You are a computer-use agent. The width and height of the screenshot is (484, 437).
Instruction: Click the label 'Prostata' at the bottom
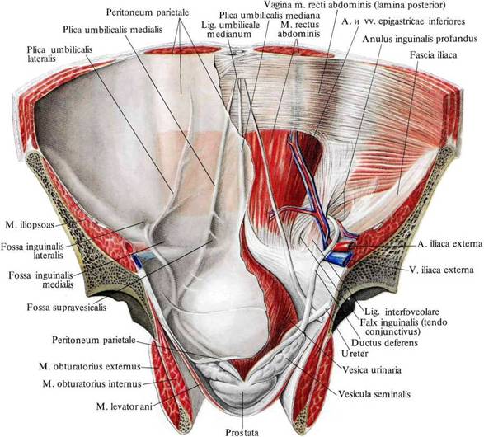(242, 432)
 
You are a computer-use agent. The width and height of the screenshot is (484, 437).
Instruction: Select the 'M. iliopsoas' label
(30, 225)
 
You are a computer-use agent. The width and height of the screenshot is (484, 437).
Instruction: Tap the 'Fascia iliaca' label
(433, 54)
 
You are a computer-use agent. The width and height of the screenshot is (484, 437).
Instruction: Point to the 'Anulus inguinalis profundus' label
(420, 40)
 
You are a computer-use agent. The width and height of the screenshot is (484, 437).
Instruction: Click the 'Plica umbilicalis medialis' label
(113, 30)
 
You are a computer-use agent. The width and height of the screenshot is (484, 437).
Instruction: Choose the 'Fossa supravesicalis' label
(66, 308)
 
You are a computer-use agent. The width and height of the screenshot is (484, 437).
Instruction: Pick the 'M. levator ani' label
(124, 406)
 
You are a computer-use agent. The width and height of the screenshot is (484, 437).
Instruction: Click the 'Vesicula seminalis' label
(374, 394)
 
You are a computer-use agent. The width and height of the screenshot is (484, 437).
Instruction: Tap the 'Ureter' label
(355, 354)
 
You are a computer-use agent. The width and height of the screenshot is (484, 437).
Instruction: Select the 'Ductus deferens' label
(384, 342)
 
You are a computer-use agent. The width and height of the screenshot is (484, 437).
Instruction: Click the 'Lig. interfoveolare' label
(402, 312)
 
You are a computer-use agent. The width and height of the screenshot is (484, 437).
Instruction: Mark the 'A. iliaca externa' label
(449, 244)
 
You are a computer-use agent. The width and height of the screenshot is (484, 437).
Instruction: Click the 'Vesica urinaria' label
(372, 369)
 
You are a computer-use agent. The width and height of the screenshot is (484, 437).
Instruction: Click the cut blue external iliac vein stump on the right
(339, 258)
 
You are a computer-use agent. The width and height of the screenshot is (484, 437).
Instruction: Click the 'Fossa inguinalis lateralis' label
(32, 251)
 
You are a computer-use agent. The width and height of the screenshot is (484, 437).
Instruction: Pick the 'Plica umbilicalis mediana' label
(270, 15)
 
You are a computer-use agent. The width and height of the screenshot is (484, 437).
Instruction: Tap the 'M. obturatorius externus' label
(90, 367)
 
